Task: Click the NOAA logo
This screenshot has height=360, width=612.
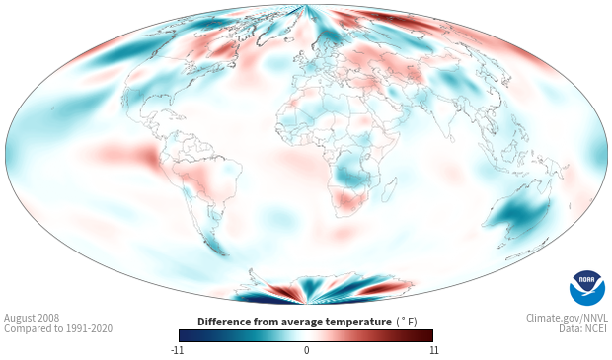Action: click(587, 288)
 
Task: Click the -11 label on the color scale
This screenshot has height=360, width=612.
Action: click(177, 350)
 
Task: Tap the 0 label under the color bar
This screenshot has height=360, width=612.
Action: click(306, 350)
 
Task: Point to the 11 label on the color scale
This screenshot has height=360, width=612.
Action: click(434, 350)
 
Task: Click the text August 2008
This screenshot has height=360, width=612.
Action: click(32, 318)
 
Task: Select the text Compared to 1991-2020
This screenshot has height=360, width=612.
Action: click(58, 328)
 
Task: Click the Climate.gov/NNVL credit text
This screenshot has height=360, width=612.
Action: click(567, 318)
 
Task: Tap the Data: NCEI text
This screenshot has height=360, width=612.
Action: click(583, 328)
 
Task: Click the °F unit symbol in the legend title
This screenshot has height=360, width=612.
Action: click(407, 323)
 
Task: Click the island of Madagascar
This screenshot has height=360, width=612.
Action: click(389, 189)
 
